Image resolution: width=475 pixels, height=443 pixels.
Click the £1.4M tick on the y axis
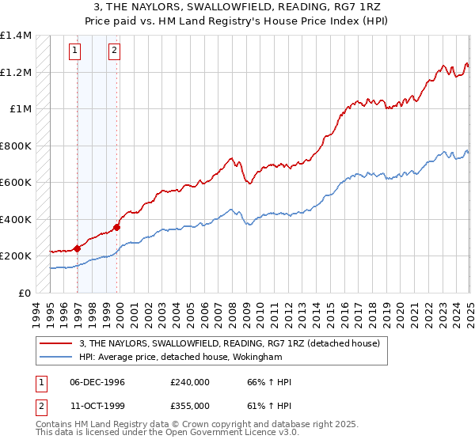pos(16,36)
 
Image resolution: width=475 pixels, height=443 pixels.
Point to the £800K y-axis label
pos(16,146)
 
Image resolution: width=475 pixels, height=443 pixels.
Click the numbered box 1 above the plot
pos(75,52)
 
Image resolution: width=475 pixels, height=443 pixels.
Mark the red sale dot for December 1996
pos(77,248)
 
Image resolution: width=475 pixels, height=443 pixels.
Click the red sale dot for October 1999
pos(116,228)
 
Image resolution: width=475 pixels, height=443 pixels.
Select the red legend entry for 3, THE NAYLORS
pos(230,343)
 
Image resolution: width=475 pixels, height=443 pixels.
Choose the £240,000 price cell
pos(190,381)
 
